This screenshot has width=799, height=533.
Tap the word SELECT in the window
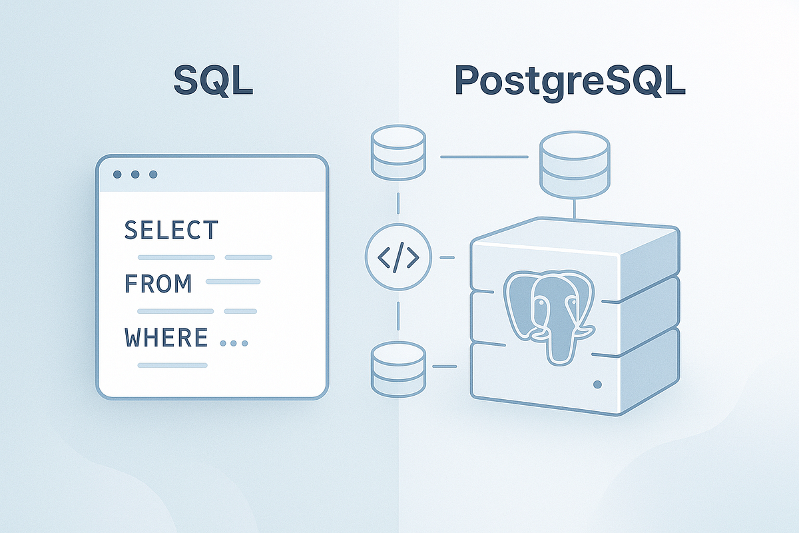(171, 231)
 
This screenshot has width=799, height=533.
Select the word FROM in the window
(158, 284)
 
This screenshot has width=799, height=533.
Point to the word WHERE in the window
(166, 338)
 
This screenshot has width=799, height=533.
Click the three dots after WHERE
(233, 344)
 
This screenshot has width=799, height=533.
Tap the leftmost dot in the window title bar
(118, 175)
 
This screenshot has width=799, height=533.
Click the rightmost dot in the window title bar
(153, 175)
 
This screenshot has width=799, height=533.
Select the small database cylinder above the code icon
(398, 154)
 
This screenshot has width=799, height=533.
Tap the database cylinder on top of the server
(574, 163)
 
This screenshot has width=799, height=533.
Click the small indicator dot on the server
(597, 385)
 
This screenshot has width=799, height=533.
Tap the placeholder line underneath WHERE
(172, 365)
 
